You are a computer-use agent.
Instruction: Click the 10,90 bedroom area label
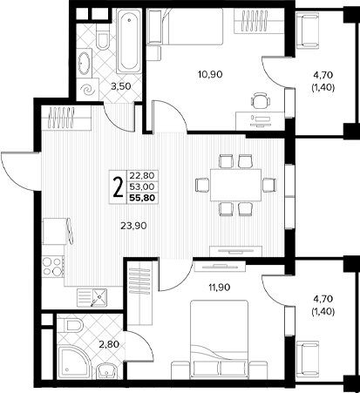pyautogui.click(x=210, y=75)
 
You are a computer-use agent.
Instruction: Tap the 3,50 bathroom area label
pyautogui.click(x=121, y=86)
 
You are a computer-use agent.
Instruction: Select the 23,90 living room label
pyautogui.click(x=133, y=226)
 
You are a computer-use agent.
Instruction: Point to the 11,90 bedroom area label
pyautogui.click(x=220, y=288)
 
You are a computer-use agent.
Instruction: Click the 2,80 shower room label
pyautogui.click(x=109, y=345)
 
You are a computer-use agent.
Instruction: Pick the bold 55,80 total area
pyautogui.click(x=143, y=198)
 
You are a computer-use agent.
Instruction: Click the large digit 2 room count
pyautogui.click(x=118, y=187)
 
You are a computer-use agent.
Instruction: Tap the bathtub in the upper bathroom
pyautogui.click(x=129, y=41)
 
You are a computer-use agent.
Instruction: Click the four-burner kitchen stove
pyautogui.click(x=53, y=267)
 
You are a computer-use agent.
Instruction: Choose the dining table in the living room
pyautogui.click(x=236, y=185)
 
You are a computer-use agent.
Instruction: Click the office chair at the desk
pyautogui.click(x=261, y=100)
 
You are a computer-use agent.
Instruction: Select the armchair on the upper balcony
pyautogui.click(x=308, y=30)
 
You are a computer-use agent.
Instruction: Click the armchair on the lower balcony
pyautogui.click(x=308, y=356)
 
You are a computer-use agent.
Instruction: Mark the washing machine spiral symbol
pyautogui.click(x=88, y=90)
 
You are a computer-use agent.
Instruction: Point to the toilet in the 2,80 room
pyautogui.click(x=72, y=324)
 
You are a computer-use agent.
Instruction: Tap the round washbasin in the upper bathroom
pyautogui.click(x=84, y=63)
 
